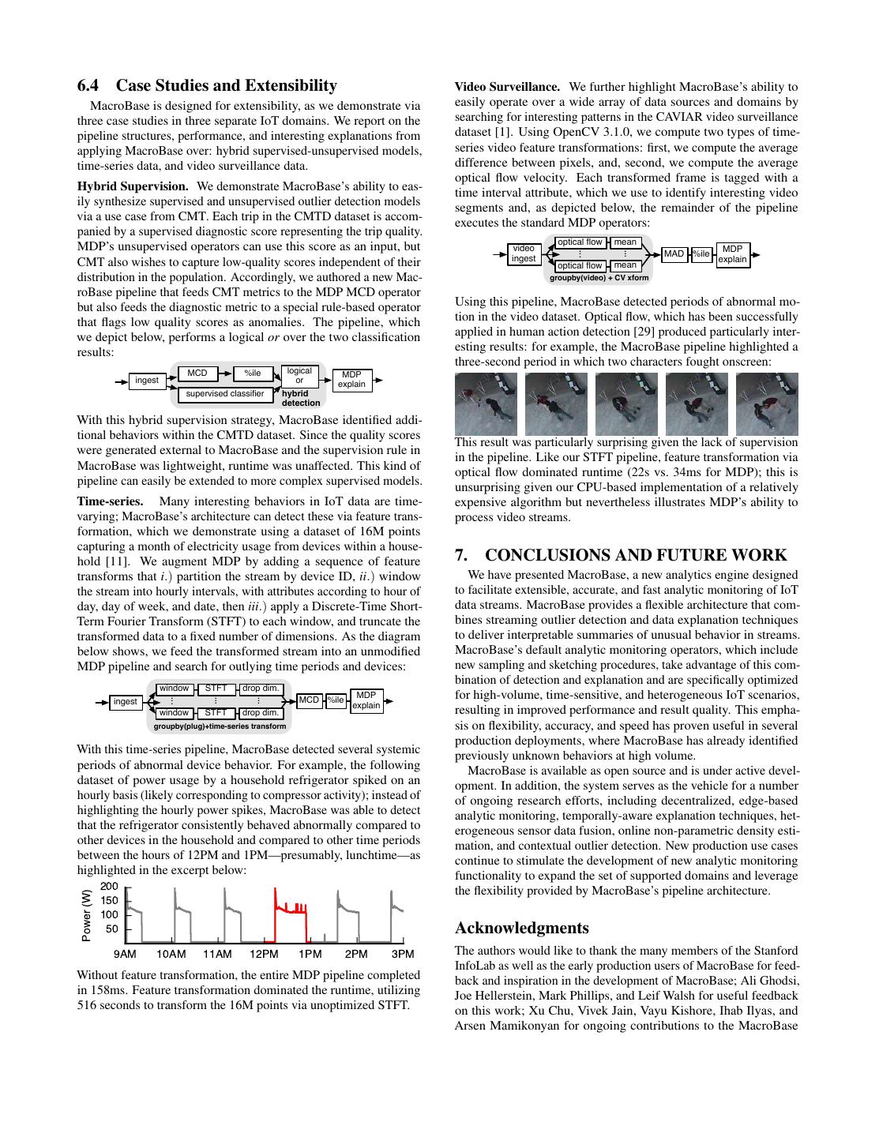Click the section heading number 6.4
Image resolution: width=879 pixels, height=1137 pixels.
pos(92,86)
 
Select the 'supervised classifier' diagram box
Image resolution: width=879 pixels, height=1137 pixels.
pos(225,393)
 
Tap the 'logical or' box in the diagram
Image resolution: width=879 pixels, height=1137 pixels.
pos(299,376)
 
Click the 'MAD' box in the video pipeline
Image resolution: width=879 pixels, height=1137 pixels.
pos(674,254)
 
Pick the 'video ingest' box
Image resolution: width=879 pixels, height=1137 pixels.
pos(523,253)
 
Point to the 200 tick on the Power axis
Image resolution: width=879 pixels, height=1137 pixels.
pos(109,887)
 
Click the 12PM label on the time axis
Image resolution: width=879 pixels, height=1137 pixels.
pos(264,954)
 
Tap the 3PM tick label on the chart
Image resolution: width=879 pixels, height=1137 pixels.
pos(402,954)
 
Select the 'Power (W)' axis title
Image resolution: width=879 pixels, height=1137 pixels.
pos(86,915)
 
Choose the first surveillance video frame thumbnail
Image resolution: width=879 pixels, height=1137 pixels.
pos(486,403)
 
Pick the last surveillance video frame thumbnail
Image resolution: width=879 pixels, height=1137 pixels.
pos(766,403)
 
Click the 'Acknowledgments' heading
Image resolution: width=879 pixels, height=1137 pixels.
pos(521,928)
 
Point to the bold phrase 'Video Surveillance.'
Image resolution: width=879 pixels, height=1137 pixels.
pos(507,87)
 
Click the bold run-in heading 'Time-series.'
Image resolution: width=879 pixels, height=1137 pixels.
pos(110,501)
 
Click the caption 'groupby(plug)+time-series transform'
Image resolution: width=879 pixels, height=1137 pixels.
pos(220,726)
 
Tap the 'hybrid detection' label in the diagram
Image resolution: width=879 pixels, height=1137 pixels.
pos(301,398)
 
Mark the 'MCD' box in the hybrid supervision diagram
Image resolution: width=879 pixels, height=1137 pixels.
pos(197,373)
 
